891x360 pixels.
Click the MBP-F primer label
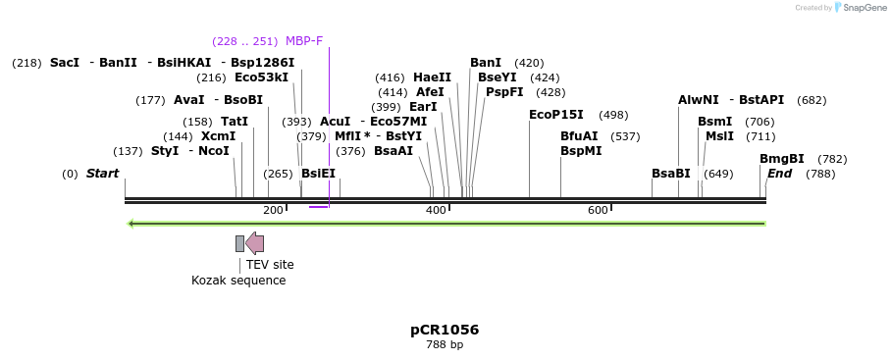(x=303, y=41)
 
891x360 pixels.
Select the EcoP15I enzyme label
(x=555, y=115)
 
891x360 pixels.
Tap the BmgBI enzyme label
(x=781, y=159)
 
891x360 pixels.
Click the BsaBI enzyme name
(x=670, y=174)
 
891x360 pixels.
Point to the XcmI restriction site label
(x=218, y=136)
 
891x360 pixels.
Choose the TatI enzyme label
(x=235, y=122)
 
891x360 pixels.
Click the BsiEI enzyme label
(x=318, y=174)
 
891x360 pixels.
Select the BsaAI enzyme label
(x=393, y=151)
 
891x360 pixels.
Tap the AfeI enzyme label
(x=430, y=92)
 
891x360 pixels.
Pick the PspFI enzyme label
(x=504, y=92)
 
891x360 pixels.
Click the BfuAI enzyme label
(x=579, y=136)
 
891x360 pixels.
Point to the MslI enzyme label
(x=719, y=136)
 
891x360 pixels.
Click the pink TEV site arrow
(x=254, y=243)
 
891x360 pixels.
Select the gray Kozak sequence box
(x=239, y=243)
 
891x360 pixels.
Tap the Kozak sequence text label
(x=238, y=281)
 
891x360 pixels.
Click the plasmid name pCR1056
(x=445, y=330)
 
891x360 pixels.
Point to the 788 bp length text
(x=445, y=345)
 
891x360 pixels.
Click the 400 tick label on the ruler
(x=435, y=211)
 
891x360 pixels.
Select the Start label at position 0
(x=102, y=174)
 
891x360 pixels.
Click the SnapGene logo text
(x=865, y=8)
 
